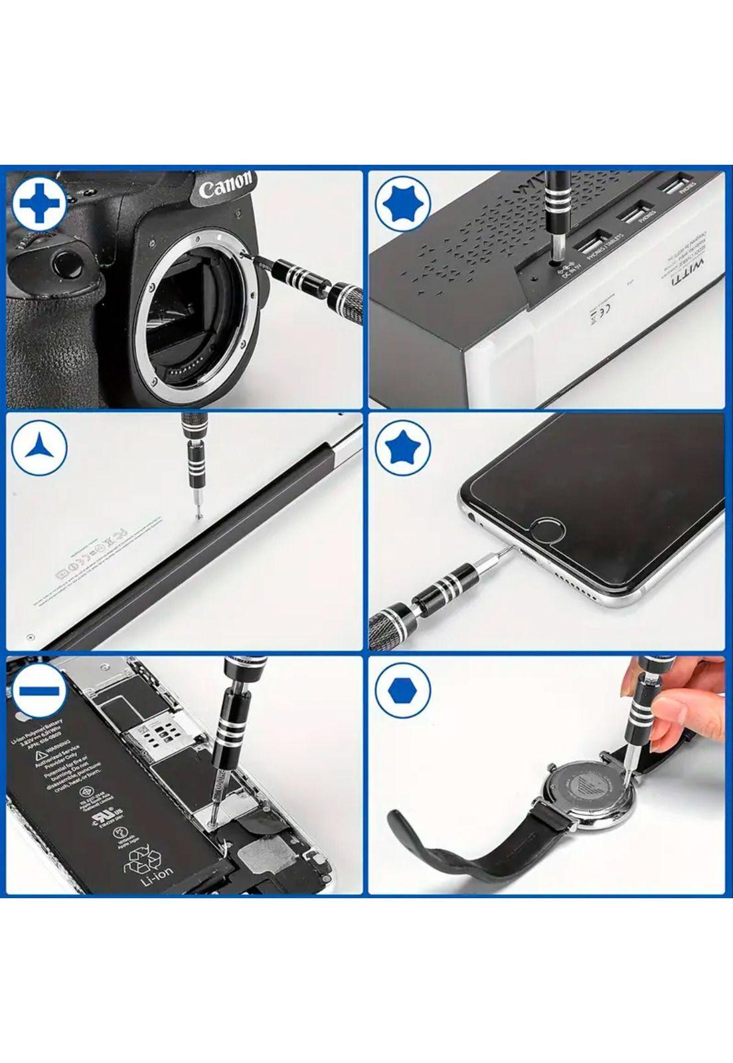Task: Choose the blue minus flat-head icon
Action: click(x=38, y=692)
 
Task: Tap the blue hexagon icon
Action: click(x=402, y=692)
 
